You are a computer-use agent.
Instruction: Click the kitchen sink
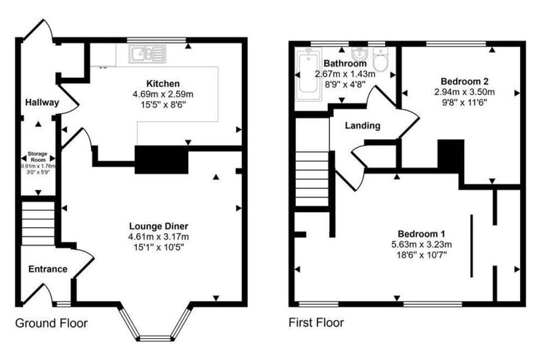(148, 54)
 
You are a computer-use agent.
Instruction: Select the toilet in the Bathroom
(380, 59)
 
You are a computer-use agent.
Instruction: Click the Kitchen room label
(163, 84)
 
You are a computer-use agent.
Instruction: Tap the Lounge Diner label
(159, 226)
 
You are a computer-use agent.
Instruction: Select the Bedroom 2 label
(465, 82)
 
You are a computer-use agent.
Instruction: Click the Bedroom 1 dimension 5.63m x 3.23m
(422, 245)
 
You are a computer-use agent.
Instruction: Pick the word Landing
(362, 126)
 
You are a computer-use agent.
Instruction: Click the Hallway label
(42, 102)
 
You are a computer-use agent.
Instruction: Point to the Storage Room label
(37, 157)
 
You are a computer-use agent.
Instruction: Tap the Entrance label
(48, 269)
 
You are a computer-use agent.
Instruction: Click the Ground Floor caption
(51, 323)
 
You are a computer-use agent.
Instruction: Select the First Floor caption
(316, 323)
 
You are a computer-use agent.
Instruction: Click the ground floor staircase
(38, 223)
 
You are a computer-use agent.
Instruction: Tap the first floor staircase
(312, 179)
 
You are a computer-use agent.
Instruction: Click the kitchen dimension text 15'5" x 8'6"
(163, 104)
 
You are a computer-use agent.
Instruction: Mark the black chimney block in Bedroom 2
(451, 154)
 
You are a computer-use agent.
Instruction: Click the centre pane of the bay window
(155, 339)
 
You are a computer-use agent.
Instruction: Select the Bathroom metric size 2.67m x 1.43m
(345, 74)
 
